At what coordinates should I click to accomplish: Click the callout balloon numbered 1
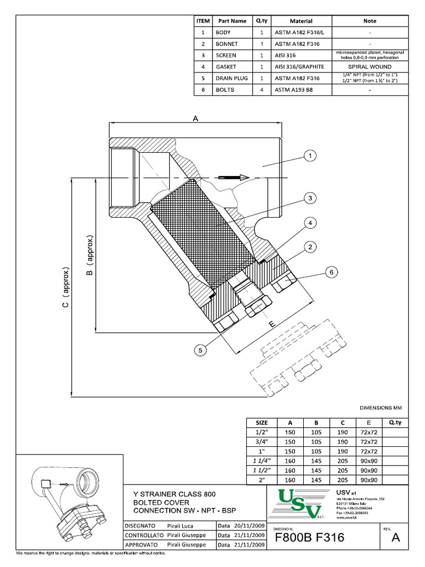tap(311, 156)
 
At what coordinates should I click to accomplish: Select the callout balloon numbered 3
tap(311, 198)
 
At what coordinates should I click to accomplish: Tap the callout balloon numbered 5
tap(201, 349)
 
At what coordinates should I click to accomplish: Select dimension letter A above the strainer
tap(195, 118)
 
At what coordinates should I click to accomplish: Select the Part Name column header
tap(232, 20)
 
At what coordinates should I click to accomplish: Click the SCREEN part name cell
tap(226, 55)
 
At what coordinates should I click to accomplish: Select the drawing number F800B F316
tap(309, 538)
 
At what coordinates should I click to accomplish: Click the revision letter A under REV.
tap(396, 538)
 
